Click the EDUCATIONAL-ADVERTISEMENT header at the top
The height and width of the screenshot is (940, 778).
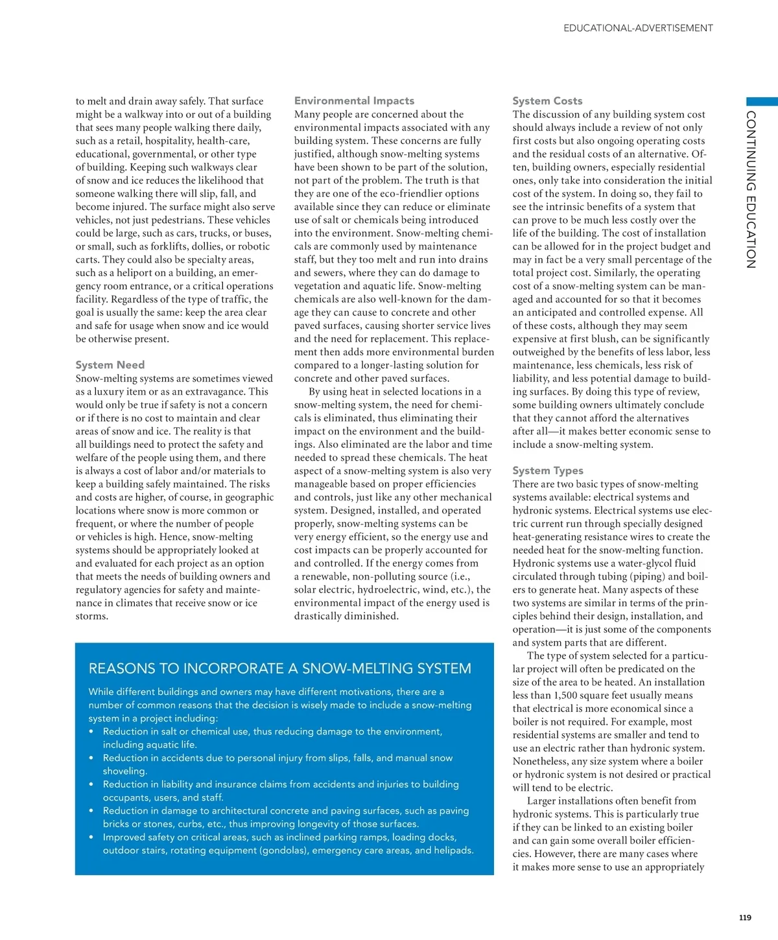[638, 28]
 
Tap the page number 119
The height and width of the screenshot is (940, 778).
[745, 917]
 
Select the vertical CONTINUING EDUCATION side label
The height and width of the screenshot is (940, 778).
[751, 189]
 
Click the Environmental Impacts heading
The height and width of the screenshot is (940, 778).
[354, 100]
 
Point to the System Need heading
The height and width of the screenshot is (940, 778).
[110, 365]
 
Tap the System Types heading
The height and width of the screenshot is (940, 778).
[548, 471]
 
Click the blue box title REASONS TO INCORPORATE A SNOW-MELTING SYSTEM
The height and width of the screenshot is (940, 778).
[279, 668]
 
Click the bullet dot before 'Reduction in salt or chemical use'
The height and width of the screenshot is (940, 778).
[92, 732]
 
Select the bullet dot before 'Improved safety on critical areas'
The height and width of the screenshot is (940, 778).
[92, 838]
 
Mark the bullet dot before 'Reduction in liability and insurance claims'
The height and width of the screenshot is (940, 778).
[92, 784]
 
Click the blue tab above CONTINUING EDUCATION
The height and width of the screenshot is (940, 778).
[762, 102]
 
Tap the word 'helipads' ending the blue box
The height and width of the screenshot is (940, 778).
[453, 851]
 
